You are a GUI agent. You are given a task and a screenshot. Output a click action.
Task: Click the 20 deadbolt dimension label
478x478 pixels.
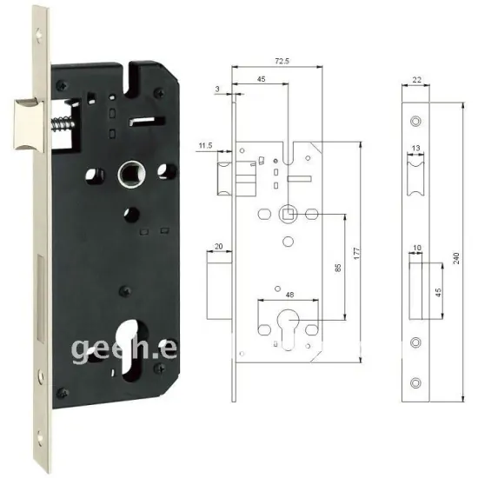[x=218, y=247]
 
